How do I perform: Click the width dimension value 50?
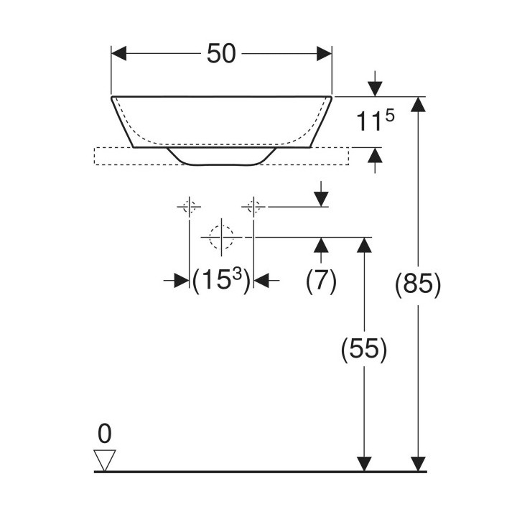(x=221, y=54)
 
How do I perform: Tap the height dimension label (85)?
(x=418, y=284)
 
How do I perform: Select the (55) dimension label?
(x=363, y=348)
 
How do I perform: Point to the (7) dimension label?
(x=321, y=281)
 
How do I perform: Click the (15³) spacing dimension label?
(x=221, y=281)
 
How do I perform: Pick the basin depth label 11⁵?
(x=376, y=120)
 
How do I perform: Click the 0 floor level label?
(x=105, y=434)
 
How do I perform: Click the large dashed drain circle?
(x=222, y=237)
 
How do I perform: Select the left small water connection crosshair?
(x=189, y=207)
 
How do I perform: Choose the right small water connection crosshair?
(x=253, y=207)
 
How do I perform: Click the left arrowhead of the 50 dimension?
(x=118, y=53)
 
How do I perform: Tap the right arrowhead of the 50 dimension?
(x=324, y=53)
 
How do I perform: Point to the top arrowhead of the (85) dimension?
(x=418, y=104)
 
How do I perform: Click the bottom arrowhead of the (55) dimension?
(x=364, y=464)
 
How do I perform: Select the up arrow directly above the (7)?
(x=321, y=250)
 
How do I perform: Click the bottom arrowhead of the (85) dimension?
(x=418, y=464)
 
